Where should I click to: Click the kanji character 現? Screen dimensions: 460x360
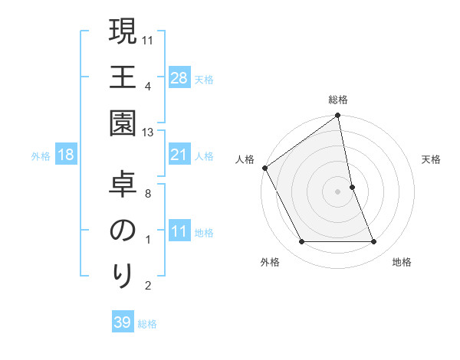pos(123,34)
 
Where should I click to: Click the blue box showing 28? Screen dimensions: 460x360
pos(179,78)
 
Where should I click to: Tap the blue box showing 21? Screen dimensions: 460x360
pos(179,155)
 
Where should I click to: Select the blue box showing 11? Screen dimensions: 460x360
pos(179,232)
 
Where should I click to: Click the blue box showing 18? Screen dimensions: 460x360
pos(66,155)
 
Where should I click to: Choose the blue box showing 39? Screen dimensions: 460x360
pos(123,323)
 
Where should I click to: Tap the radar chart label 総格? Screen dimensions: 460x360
pos(338,100)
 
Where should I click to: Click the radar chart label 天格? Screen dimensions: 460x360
pos(432,159)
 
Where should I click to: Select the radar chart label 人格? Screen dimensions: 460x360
pos(245,159)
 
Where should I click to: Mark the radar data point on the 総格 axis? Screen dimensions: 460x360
pos(338,116)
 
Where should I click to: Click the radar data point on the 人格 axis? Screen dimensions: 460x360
pos(265,168)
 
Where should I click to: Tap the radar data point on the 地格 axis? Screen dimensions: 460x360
pos(374,242)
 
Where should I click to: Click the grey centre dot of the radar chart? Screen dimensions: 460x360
pos(338,191)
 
